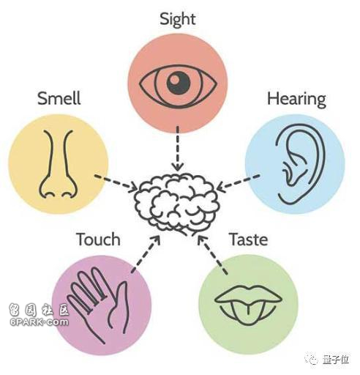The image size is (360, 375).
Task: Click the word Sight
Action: [x=178, y=20]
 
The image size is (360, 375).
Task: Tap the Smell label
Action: [x=59, y=98]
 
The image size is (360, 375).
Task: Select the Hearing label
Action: [x=296, y=100]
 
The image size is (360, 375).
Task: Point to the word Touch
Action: [x=98, y=239]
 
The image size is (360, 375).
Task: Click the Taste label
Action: [x=249, y=239]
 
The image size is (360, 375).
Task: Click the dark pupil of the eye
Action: [x=178, y=83]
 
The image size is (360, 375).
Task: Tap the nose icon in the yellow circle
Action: [x=59, y=164]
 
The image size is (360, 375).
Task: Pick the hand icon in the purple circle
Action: [x=97, y=302]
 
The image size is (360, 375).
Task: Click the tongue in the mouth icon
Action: [x=248, y=313]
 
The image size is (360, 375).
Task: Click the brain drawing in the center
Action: [x=177, y=204]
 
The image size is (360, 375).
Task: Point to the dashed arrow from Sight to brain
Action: [x=178, y=149]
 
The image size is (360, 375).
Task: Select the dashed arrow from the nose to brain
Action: [x=116, y=182]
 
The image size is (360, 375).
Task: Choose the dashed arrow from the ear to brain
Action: [x=238, y=182]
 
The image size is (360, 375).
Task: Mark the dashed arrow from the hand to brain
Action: [x=146, y=254]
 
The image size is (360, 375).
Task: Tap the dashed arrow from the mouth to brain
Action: [x=211, y=254]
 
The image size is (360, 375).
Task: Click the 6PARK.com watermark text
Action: [x=39, y=322]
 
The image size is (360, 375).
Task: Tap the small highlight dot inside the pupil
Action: [x=174, y=79]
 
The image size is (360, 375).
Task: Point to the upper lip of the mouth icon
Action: [x=248, y=294]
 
